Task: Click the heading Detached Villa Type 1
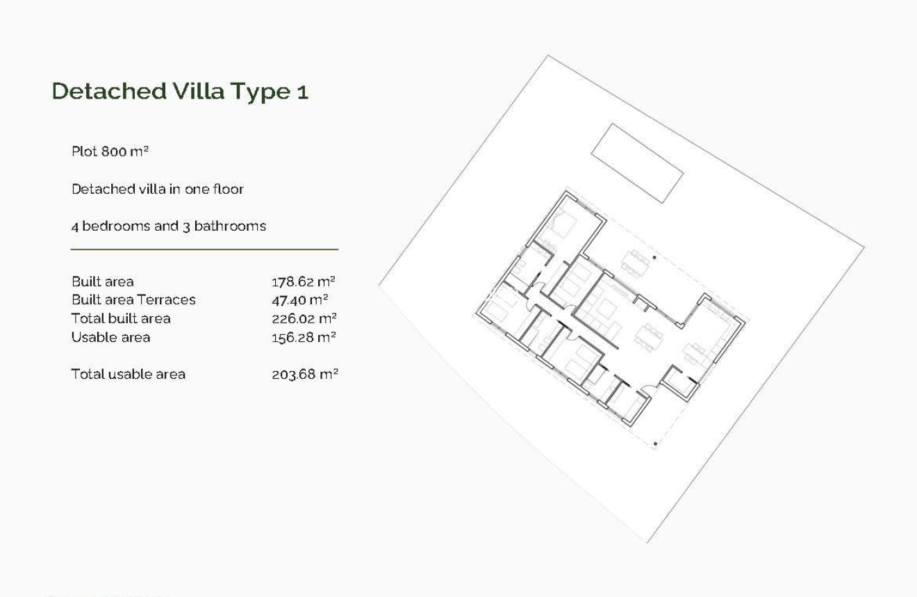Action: pyautogui.click(x=180, y=92)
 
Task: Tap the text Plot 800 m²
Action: pyautogui.click(x=110, y=152)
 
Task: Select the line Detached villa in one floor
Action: pyautogui.click(x=158, y=189)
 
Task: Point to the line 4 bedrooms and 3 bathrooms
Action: pyautogui.click(x=169, y=226)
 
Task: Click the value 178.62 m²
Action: pyautogui.click(x=304, y=281)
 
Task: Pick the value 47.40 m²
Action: pyautogui.click(x=300, y=300)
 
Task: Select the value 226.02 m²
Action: pyautogui.click(x=304, y=318)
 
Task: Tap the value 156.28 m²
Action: pyautogui.click(x=304, y=337)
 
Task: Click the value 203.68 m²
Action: pyautogui.click(x=304, y=374)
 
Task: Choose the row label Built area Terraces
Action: pyautogui.click(x=133, y=300)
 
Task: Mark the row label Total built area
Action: pyautogui.click(x=121, y=318)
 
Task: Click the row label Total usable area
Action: pyautogui.click(x=129, y=374)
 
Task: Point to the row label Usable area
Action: pyautogui.click(x=110, y=337)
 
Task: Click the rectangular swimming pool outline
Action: pyautogui.click(x=636, y=163)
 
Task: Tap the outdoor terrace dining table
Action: pyautogui.click(x=636, y=262)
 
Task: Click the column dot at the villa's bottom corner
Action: pyautogui.click(x=655, y=443)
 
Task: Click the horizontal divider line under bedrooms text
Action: pyautogui.click(x=204, y=249)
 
